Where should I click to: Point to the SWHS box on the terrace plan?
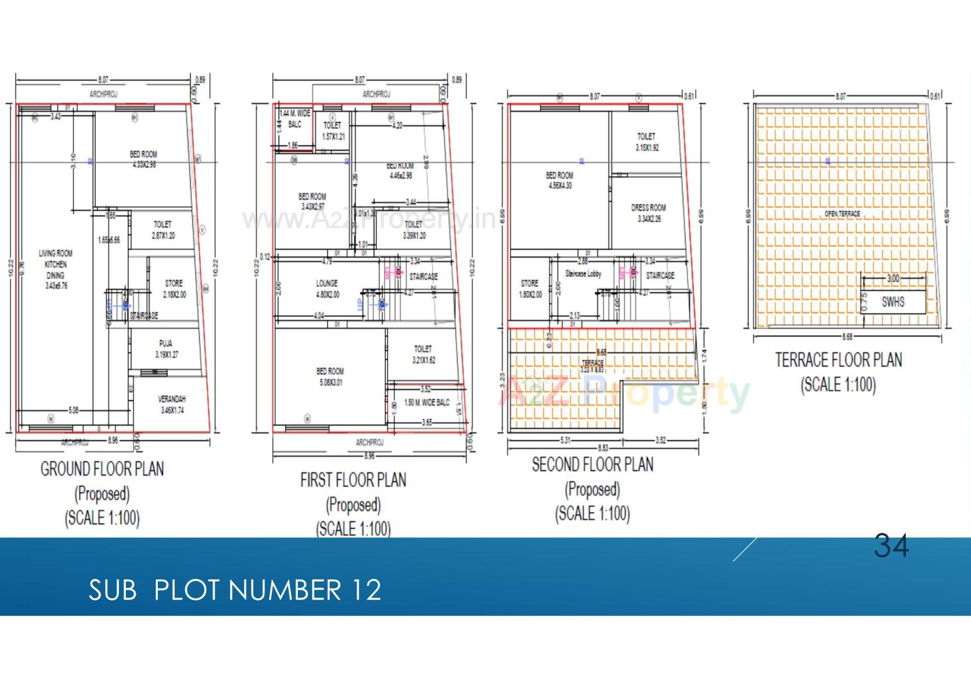coord(893,302)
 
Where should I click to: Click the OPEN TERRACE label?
coord(842,214)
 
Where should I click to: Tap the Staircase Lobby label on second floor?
coord(583,273)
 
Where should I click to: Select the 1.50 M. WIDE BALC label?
coord(427,402)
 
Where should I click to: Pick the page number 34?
coord(891,546)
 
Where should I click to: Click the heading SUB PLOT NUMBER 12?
coord(235,589)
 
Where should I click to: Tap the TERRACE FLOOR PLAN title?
coord(838,360)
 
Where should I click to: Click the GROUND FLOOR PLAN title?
coord(102,469)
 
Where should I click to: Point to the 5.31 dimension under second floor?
coord(565,440)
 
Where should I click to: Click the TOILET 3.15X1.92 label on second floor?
coord(646,142)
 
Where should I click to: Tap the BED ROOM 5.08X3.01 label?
coord(330,377)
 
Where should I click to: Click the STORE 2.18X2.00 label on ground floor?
coord(174,289)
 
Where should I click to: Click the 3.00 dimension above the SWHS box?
coord(893,279)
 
